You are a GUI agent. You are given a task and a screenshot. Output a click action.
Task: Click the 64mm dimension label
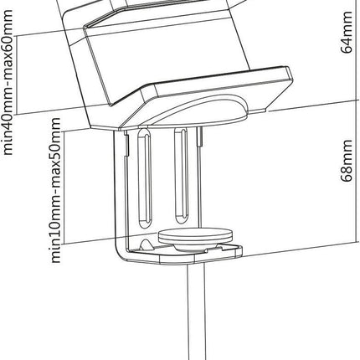pyautogui.click(x=347, y=32)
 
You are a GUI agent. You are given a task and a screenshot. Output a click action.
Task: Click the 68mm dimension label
pyautogui.click(x=347, y=161)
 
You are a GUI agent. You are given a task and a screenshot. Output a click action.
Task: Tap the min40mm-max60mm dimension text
pyautogui.click(x=7, y=82)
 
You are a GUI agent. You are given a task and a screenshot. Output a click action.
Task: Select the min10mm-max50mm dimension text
pyautogui.click(x=55, y=190)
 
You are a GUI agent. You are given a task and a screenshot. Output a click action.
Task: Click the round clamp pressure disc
pyautogui.click(x=195, y=235)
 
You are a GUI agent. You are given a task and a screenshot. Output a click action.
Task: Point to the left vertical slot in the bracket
pyautogui.click(x=145, y=177)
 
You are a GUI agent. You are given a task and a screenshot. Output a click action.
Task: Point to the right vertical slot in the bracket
pyautogui.click(x=181, y=176)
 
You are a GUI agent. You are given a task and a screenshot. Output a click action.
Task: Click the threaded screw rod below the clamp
pyautogui.click(x=197, y=311)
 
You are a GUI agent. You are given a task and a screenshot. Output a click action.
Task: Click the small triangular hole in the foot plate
pyautogui.click(x=146, y=244)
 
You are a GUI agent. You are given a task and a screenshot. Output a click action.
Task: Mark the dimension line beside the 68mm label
pyautogui.click(x=357, y=171)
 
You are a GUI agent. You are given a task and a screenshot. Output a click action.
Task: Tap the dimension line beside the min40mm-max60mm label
pyautogui.click(x=17, y=75)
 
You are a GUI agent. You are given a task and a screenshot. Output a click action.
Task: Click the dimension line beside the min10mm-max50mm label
pyautogui.click(x=64, y=188)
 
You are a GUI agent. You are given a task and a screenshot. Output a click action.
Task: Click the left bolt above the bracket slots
pyautogui.click(x=126, y=143)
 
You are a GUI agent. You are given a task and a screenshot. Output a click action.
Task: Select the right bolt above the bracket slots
pyautogui.click(x=199, y=136)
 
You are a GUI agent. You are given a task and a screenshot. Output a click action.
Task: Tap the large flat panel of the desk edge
pyautogui.click(x=167, y=57)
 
